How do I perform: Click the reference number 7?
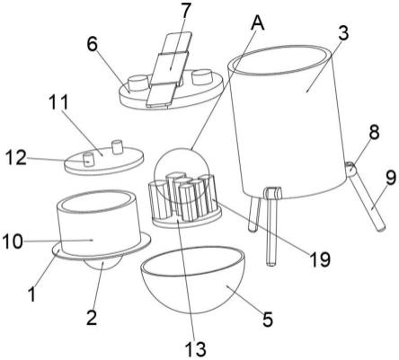(186, 11)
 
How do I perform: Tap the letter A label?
(258, 23)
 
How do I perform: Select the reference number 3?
(344, 33)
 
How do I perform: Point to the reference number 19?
(320, 259)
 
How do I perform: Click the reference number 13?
(195, 348)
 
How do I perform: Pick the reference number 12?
(16, 158)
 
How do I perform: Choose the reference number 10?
(13, 241)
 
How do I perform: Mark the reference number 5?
(268, 319)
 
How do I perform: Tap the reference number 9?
(391, 178)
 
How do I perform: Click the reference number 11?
(58, 102)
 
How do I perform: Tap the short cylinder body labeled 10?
(99, 227)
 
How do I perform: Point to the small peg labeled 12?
(87, 160)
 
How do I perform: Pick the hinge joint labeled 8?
(350, 169)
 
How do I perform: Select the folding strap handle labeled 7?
(169, 69)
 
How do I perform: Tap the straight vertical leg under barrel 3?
(271, 227)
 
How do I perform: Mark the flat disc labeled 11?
(104, 161)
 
